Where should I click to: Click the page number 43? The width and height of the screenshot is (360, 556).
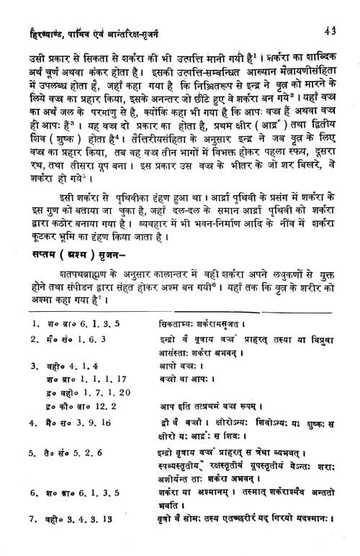tap(330, 10)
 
